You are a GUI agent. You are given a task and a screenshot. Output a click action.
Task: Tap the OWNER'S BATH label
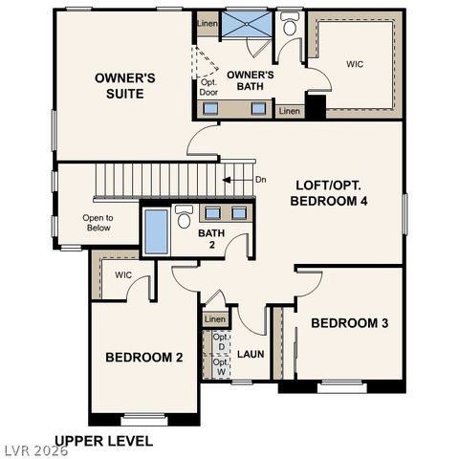tap(251, 80)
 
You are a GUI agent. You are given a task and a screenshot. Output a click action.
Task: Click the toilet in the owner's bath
tap(290, 25)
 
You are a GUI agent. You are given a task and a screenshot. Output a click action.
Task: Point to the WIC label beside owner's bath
tap(354, 64)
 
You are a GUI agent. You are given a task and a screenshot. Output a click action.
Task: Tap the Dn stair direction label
tap(260, 179)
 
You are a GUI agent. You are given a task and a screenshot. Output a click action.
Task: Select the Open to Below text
tap(98, 223)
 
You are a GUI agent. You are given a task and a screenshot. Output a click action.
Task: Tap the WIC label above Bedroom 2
tap(122, 275)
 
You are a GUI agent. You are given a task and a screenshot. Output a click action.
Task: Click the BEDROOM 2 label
tap(143, 357)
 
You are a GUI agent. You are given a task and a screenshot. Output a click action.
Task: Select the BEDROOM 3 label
tap(349, 323)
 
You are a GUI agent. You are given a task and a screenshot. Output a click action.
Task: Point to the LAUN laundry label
tap(251, 355)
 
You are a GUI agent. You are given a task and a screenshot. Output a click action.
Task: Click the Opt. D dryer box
tap(220, 341)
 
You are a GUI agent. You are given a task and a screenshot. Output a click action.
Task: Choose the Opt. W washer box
tap(220, 366)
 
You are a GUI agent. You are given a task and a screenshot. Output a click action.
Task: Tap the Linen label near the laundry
tap(215, 318)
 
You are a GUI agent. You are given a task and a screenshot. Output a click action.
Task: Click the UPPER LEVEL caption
tap(103, 441)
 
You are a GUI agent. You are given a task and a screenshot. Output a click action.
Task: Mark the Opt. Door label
tap(208, 87)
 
